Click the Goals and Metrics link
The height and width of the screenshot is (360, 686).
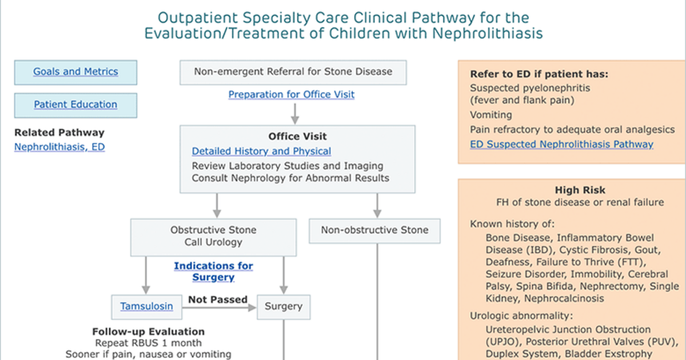(75, 71)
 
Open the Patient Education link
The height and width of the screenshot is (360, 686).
(75, 105)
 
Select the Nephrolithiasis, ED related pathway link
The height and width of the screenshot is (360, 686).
(59, 147)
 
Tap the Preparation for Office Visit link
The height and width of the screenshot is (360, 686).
(291, 94)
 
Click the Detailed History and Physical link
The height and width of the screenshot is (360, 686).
(261, 151)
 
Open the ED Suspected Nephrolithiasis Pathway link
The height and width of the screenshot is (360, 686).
(561, 144)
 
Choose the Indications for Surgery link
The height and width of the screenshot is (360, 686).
(213, 271)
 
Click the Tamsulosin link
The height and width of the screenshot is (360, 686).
(146, 306)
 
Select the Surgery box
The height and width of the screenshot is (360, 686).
(284, 307)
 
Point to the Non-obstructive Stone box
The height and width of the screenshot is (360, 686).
(374, 231)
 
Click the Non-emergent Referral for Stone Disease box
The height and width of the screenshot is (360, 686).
(293, 72)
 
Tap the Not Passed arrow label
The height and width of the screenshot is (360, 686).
(218, 299)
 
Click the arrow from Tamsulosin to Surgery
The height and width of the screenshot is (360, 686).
(220, 307)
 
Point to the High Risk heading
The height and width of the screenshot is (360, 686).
(580, 190)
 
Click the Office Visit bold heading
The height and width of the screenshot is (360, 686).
(297, 136)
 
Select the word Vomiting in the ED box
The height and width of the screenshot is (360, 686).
(491, 115)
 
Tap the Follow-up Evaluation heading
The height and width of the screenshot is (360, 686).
(149, 331)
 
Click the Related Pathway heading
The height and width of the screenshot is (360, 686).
(59, 133)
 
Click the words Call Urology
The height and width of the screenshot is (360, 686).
(213, 242)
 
